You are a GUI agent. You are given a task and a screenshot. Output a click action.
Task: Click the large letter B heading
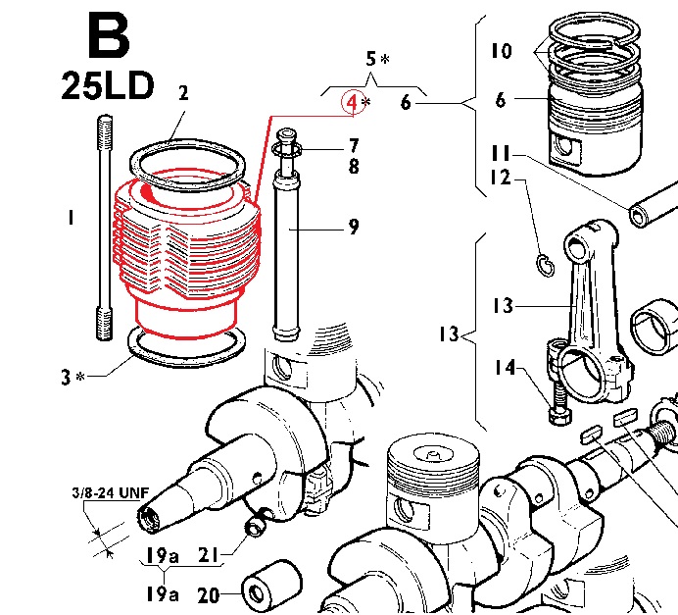107,36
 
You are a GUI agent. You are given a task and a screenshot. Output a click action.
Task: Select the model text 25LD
107,86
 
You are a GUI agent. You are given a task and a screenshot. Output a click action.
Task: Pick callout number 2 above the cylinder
182,94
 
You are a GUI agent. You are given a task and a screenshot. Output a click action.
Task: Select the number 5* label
376,60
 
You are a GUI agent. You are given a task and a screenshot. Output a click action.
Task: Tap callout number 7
353,146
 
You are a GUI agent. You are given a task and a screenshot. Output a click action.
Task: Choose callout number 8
353,167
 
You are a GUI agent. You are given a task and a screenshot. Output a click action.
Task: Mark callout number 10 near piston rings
500,49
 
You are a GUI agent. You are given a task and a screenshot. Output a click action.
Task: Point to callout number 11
501,153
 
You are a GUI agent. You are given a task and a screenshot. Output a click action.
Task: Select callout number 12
501,178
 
